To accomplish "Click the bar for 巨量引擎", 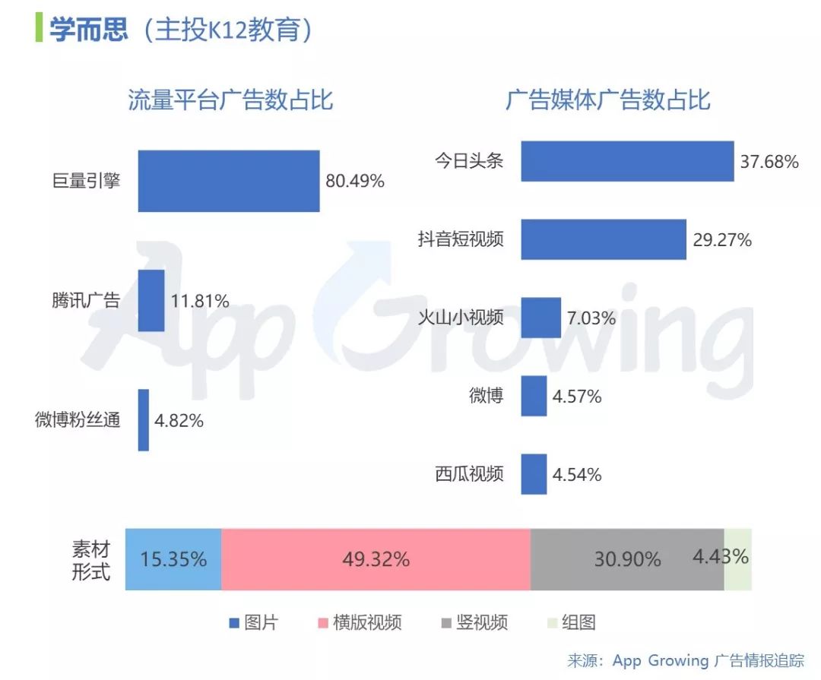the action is pyautogui.click(x=229, y=181).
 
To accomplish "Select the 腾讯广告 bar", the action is pyautogui.click(x=151, y=300).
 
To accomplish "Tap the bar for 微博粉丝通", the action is pyautogui.click(x=144, y=420).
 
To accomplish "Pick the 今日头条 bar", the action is pyautogui.click(x=627, y=161).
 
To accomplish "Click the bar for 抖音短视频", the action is pyautogui.click(x=604, y=239).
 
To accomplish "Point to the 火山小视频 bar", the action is pyautogui.click(x=541, y=318).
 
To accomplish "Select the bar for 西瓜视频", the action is pyautogui.click(x=534, y=474).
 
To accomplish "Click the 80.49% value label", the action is pyautogui.click(x=355, y=181).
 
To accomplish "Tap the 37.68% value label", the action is pyautogui.click(x=769, y=162).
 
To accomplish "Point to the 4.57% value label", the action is pyautogui.click(x=577, y=397).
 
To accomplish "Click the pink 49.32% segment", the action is pyautogui.click(x=376, y=560).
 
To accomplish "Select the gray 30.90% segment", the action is pyautogui.click(x=627, y=560).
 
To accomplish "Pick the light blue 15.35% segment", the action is pyautogui.click(x=173, y=560).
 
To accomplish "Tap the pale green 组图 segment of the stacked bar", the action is pyautogui.click(x=738, y=560).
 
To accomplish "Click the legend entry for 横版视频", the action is pyautogui.click(x=360, y=622).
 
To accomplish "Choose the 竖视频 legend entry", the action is pyautogui.click(x=474, y=622).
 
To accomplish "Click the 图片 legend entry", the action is pyautogui.click(x=254, y=622).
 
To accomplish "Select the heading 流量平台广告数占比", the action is pyautogui.click(x=230, y=100).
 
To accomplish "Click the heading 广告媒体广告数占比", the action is pyautogui.click(x=608, y=100).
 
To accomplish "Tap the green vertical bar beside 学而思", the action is pyautogui.click(x=39, y=28).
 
